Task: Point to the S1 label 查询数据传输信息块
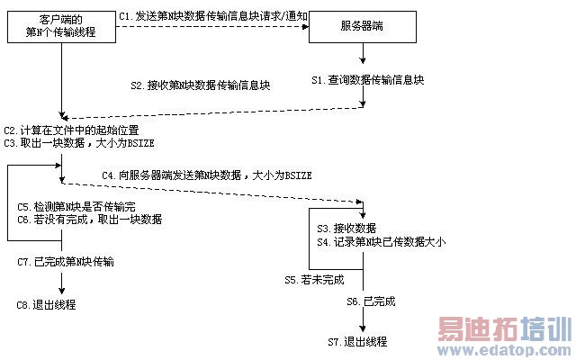click(368, 80)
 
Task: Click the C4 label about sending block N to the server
click(206, 175)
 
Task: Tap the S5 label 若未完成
click(302, 280)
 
